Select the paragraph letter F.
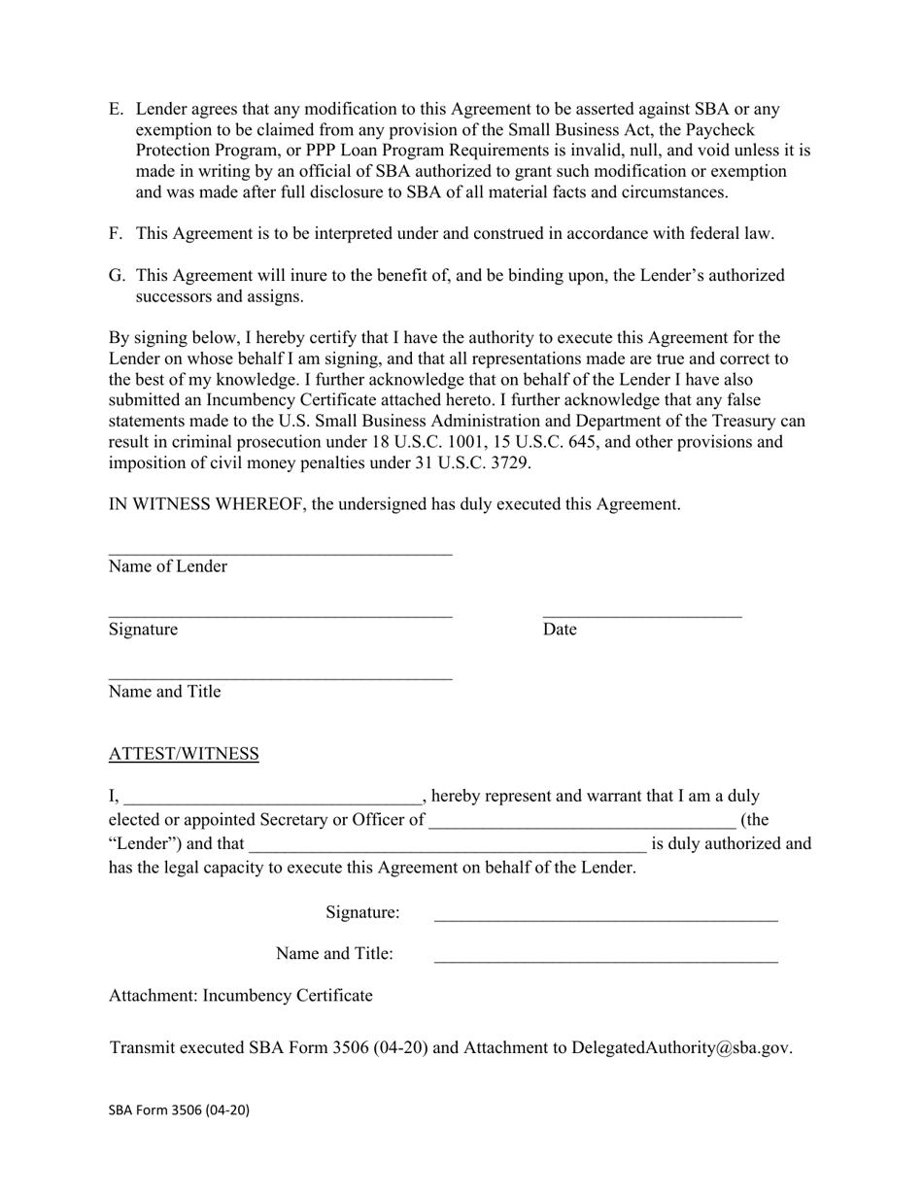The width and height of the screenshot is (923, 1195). click(x=116, y=234)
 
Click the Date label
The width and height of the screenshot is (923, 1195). click(x=560, y=630)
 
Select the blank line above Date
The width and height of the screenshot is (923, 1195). click(x=641, y=615)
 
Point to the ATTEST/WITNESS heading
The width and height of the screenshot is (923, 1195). click(x=184, y=755)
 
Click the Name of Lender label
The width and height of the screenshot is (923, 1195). click(x=168, y=567)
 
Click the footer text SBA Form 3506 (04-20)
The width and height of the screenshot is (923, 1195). click(x=179, y=1110)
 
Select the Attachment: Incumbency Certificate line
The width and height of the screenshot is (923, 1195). click(x=240, y=996)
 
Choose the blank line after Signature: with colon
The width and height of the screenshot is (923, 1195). click(x=605, y=917)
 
